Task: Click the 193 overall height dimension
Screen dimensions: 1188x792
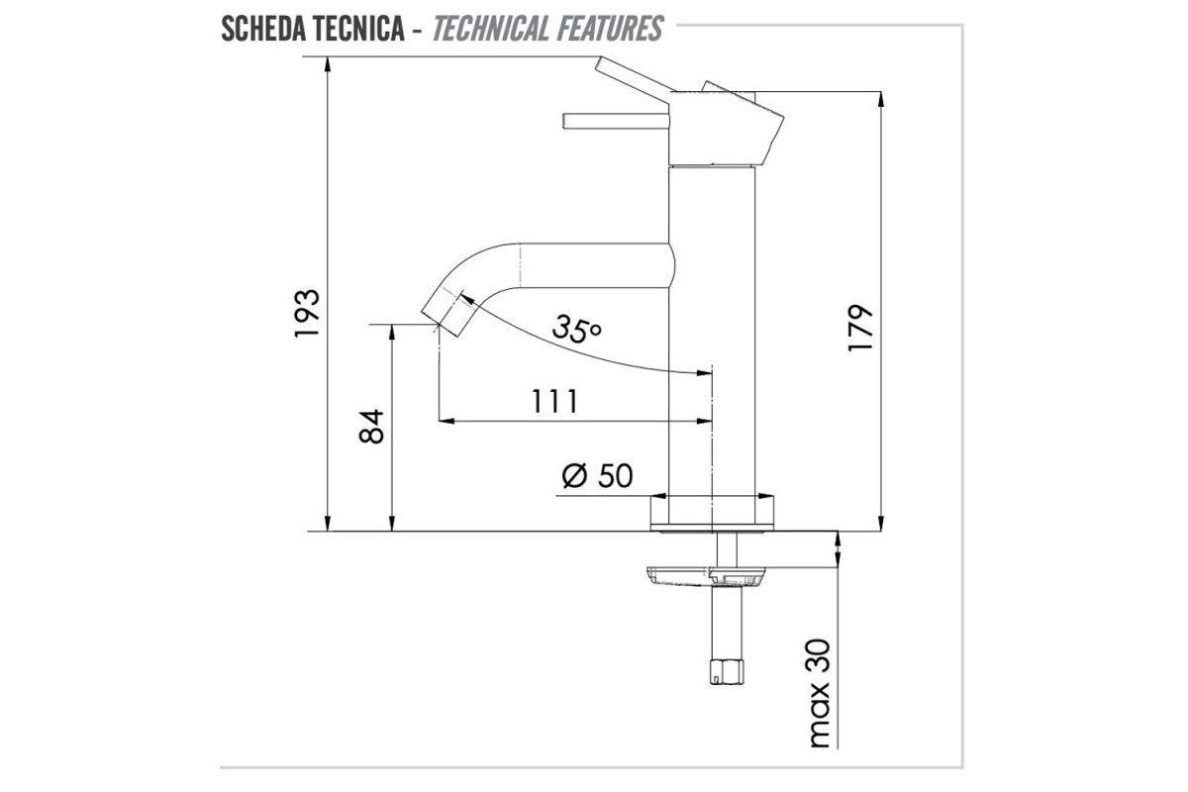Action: [307, 313]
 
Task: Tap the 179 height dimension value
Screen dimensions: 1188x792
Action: [860, 328]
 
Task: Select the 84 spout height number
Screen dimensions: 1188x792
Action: [371, 426]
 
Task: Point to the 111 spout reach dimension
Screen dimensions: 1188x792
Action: [554, 402]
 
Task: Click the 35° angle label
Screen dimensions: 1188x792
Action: [576, 329]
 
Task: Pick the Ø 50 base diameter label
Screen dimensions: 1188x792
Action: [597, 475]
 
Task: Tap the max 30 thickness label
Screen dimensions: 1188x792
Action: [819, 693]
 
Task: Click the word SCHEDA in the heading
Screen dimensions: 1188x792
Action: [262, 29]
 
